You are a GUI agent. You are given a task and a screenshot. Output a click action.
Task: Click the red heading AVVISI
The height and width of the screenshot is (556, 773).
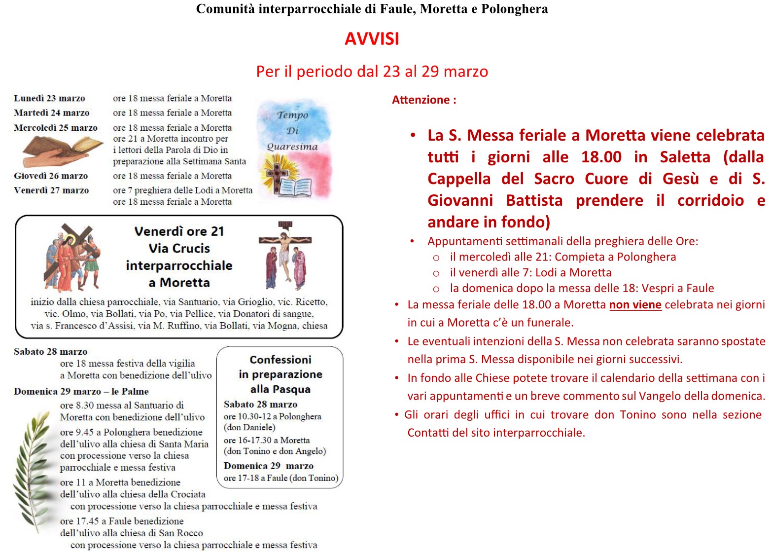(372, 39)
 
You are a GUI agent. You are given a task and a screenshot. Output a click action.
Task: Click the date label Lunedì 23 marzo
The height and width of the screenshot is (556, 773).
(49, 98)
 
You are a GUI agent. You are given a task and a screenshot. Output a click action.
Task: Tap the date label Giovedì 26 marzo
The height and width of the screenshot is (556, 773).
(51, 176)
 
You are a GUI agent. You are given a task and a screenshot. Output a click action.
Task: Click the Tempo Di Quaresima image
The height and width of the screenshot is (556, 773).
(294, 148)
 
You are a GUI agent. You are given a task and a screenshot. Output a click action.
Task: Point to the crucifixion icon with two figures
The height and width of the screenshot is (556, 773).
(285, 255)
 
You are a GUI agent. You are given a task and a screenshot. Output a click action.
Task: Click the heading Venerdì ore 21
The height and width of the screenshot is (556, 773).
(179, 231)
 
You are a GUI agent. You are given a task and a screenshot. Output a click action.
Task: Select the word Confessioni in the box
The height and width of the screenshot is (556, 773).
(281, 360)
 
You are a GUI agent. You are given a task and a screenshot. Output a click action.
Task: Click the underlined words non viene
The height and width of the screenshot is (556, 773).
(635, 305)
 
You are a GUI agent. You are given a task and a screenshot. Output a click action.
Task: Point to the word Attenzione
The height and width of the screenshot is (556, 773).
(421, 100)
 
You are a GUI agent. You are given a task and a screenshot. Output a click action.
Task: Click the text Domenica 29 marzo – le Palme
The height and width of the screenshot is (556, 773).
(81, 391)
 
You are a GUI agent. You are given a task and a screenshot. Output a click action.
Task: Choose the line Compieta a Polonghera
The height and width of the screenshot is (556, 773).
(562, 257)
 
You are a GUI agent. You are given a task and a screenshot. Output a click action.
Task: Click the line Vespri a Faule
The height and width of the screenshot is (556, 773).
(581, 288)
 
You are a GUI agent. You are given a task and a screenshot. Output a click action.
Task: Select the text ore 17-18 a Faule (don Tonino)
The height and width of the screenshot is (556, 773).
(281, 478)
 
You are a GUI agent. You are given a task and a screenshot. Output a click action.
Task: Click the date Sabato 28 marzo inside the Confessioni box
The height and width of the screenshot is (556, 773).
(260, 404)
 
